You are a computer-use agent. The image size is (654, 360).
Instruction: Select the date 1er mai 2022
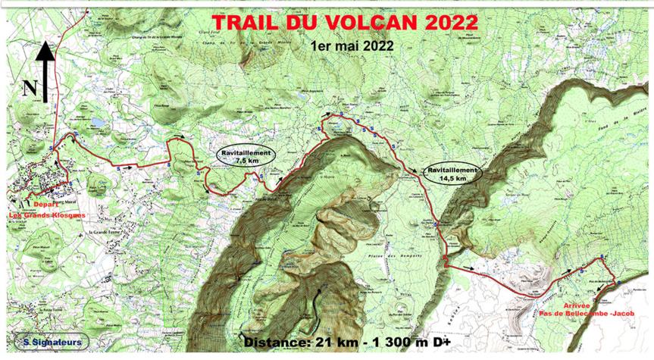click(352, 45)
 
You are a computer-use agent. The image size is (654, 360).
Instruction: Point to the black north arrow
click(45, 71)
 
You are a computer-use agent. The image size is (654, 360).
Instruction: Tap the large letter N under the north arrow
click(30, 88)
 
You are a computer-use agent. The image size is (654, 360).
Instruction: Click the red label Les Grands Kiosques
click(47, 214)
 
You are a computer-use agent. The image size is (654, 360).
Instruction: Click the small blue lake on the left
click(97, 122)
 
